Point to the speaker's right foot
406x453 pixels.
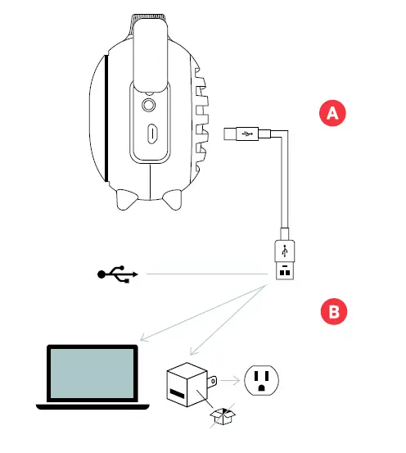pos(173,200)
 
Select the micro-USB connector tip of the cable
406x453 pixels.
pos(230,131)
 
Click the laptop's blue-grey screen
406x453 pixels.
pos(92,374)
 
